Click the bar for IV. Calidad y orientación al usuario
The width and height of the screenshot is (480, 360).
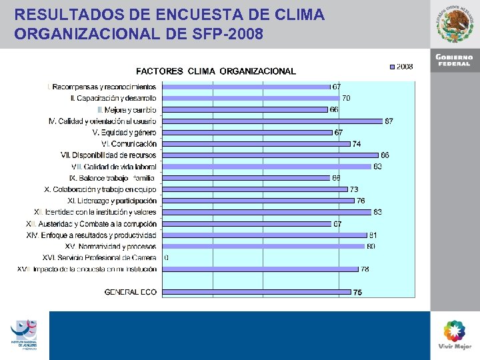(272, 121)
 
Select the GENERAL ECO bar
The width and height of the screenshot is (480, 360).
(257, 291)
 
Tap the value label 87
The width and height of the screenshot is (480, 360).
(388, 121)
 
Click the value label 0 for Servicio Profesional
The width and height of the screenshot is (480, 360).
(166, 257)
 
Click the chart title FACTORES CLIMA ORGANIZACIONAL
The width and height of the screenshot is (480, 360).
(216, 71)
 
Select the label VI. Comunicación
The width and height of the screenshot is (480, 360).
(129, 144)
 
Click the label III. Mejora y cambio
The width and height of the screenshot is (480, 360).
(127, 109)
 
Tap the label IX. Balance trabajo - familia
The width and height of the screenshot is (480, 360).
(113, 178)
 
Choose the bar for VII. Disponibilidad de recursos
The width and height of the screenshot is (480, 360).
(270, 155)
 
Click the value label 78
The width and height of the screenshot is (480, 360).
(365, 269)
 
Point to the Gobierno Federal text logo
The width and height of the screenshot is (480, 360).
(454, 60)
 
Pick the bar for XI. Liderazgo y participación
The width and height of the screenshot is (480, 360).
(259, 201)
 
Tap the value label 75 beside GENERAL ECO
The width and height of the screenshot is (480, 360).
(358, 292)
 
